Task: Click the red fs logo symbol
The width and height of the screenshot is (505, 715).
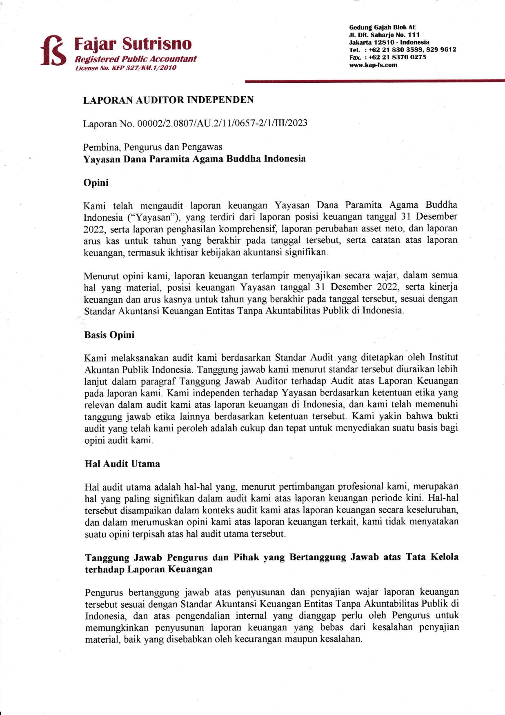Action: tap(53, 51)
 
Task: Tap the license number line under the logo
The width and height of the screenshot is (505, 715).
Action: tap(125, 68)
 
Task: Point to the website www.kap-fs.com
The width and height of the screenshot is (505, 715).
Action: tap(373, 65)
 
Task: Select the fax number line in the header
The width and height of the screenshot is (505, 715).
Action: tap(387, 57)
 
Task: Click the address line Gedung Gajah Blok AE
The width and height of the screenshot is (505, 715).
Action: tap(383, 27)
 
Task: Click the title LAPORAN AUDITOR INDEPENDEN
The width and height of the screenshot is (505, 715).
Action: tap(168, 100)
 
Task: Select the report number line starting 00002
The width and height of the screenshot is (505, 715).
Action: tap(195, 123)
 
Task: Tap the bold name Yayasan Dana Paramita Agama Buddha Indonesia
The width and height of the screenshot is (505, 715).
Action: tap(194, 159)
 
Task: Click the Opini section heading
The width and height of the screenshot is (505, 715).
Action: tap(96, 182)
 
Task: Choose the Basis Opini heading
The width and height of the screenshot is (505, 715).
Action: tap(109, 335)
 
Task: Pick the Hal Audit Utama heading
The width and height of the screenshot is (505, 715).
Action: tap(122, 464)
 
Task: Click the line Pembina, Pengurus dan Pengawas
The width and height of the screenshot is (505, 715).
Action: tap(153, 147)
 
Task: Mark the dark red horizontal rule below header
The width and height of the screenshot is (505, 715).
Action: tap(375, 82)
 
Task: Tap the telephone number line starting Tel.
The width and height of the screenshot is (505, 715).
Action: tap(403, 50)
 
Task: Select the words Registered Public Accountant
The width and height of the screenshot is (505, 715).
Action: tap(135, 59)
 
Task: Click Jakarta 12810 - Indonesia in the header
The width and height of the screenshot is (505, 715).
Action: tap(389, 42)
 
